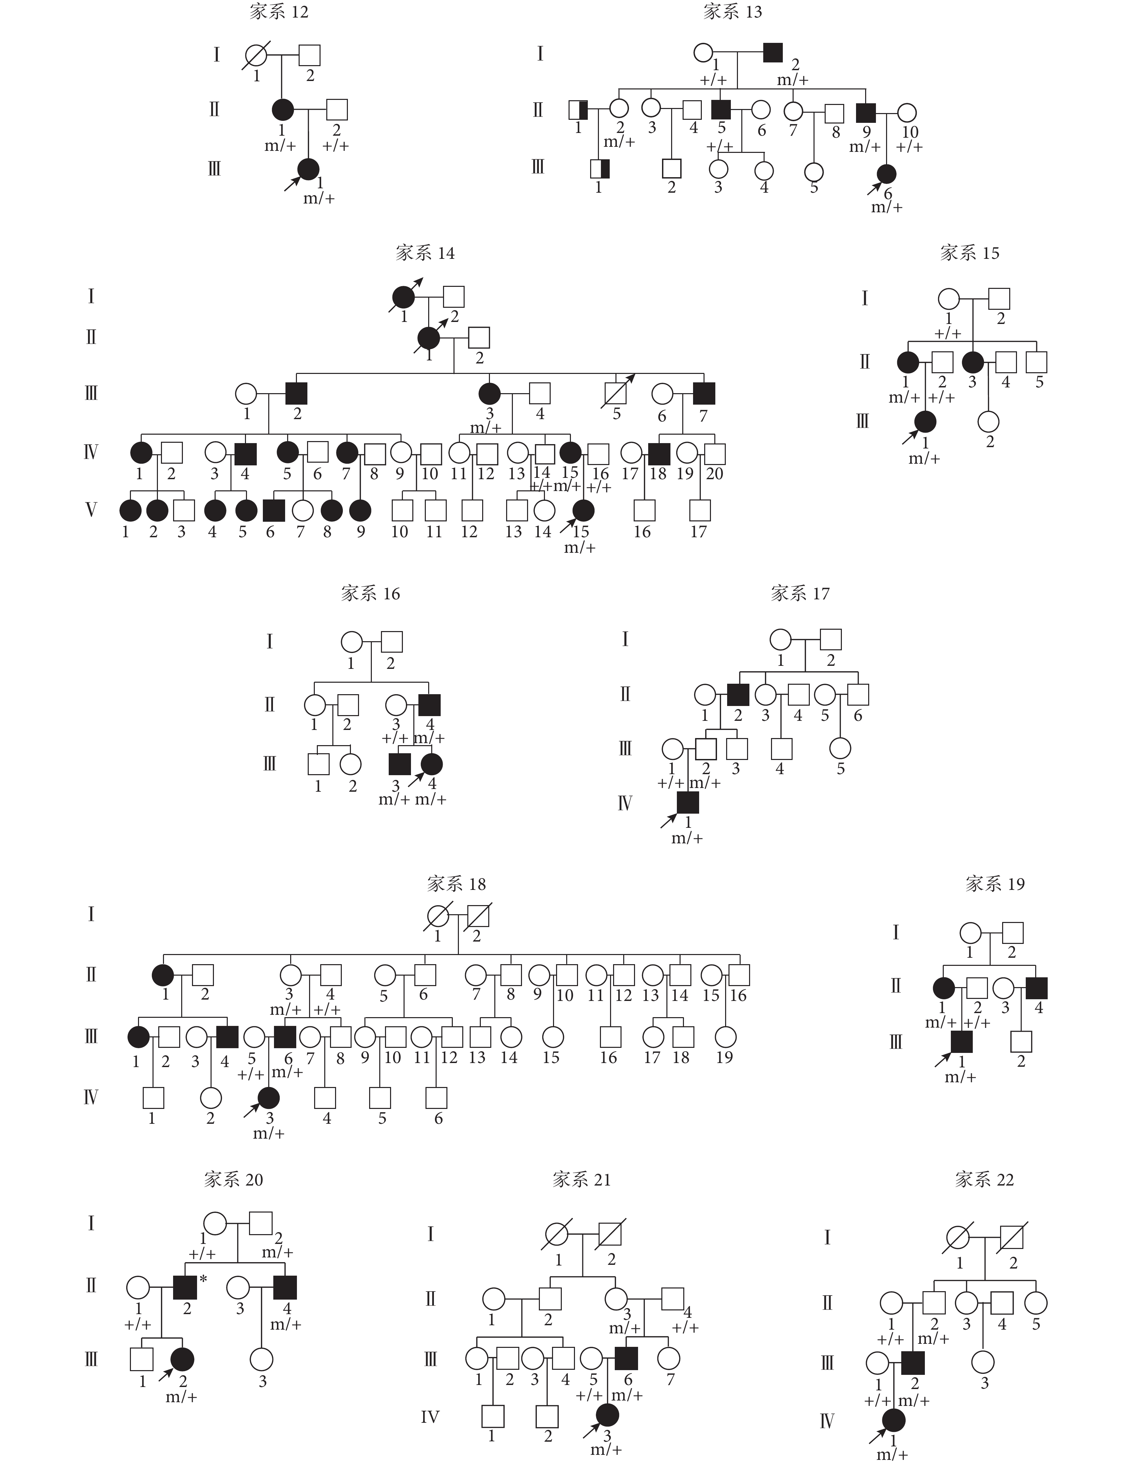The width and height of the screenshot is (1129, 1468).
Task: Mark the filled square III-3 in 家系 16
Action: pos(400,764)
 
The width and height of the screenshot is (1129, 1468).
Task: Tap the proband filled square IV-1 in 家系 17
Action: pos(687,803)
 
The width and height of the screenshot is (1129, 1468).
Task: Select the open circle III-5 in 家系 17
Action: pos(840,748)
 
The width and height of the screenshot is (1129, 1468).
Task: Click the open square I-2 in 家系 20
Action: pos(261,1223)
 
